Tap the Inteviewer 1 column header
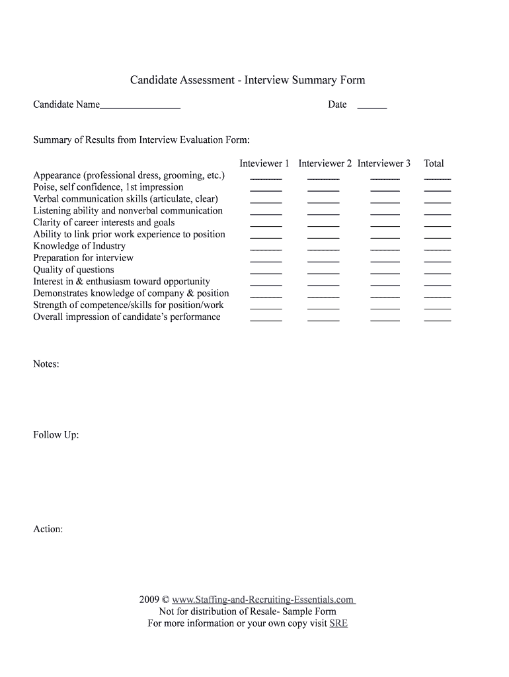(264, 163)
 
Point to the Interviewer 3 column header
(384, 163)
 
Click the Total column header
(434, 163)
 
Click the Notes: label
(46, 364)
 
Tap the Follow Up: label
(56, 435)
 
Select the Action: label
(48, 530)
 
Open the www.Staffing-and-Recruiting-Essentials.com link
(263, 600)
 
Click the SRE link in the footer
(338, 623)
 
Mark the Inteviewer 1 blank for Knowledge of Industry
(266, 249)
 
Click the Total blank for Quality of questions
(437, 272)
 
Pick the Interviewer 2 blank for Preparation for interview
(323, 260)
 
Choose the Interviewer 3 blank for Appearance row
(385, 178)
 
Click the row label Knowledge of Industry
(79, 246)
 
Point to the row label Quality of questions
(73, 270)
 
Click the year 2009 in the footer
(149, 600)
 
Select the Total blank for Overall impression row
(437, 319)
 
